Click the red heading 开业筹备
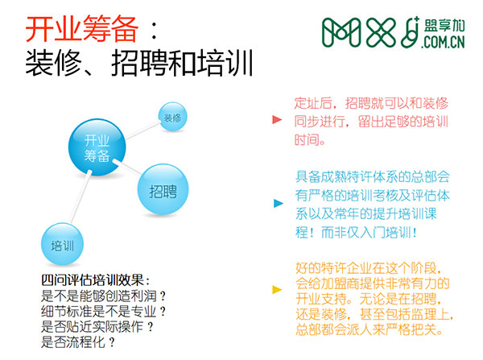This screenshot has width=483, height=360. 82,29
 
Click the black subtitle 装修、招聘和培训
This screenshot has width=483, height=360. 139,63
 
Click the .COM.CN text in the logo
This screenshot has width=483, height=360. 443,42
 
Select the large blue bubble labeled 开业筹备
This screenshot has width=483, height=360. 97,147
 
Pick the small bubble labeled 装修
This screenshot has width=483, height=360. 172,117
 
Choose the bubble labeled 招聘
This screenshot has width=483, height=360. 163,189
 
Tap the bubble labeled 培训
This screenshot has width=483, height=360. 62,244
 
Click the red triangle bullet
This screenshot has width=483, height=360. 277,119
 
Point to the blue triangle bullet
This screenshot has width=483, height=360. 279,203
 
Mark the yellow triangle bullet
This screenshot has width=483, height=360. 277,289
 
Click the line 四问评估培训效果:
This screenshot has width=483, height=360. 96,280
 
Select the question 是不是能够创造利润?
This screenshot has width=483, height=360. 104,296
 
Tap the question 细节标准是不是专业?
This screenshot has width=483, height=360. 104,312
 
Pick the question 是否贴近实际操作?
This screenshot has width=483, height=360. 97,326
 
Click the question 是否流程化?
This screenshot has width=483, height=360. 78,341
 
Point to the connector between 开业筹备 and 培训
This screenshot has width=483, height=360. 80,197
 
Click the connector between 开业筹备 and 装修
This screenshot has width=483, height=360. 143,130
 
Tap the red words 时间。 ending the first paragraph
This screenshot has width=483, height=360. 310,140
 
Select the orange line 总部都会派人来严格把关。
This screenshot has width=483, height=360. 369,329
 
